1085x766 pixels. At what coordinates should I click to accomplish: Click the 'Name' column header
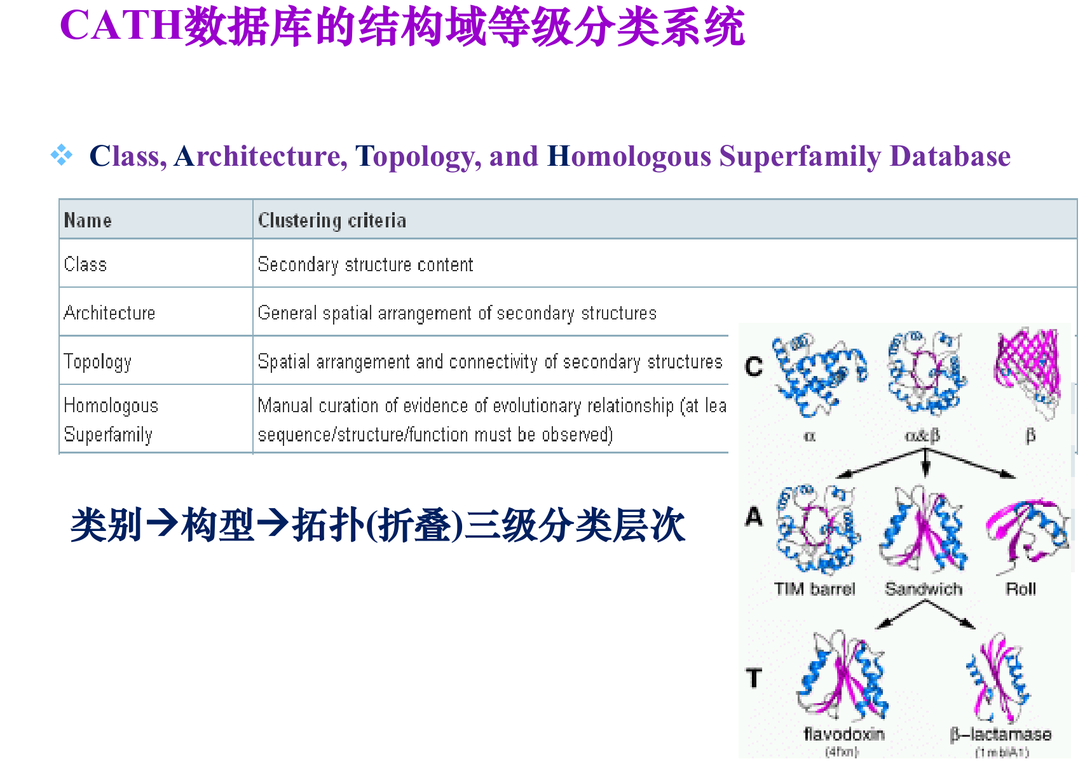(x=88, y=220)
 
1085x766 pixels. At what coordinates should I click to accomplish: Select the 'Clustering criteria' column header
(x=332, y=220)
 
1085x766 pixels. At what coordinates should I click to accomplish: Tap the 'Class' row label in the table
(x=85, y=264)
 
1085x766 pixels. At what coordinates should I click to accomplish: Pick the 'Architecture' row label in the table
(x=109, y=312)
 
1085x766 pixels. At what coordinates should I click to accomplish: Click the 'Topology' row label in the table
(x=97, y=361)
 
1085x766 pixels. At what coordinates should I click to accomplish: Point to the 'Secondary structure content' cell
(x=365, y=264)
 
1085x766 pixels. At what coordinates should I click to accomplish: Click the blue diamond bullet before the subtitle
(x=62, y=155)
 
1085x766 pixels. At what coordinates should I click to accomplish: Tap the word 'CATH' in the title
(x=121, y=27)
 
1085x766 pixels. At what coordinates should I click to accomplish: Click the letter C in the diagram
(x=754, y=366)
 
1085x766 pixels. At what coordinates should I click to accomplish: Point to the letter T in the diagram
(x=754, y=678)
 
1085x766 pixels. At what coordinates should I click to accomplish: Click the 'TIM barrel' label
(x=814, y=589)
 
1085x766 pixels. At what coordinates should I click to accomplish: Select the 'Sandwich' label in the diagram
(x=924, y=589)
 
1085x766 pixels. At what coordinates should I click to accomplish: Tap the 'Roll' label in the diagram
(x=1021, y=589)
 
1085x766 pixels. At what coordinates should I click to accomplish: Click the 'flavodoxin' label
(x=844, y=734)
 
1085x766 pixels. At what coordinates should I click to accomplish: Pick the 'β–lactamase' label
(x=1000, y=734)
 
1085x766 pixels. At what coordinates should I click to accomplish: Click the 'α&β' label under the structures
(x=922, y=436)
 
